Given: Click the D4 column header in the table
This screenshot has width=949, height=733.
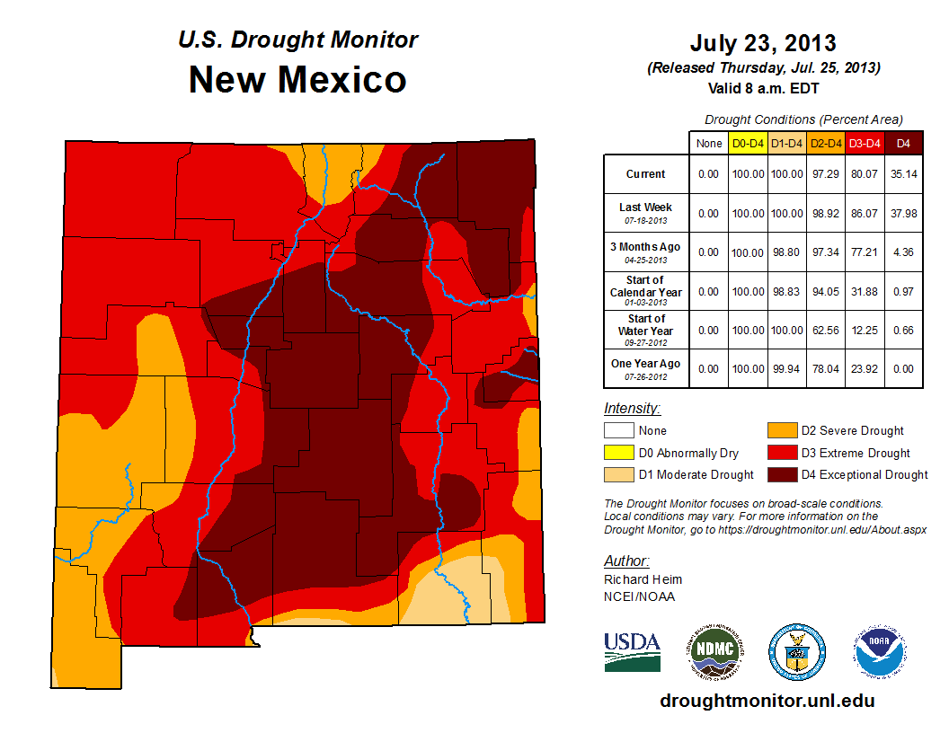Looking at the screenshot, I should pos(902,143).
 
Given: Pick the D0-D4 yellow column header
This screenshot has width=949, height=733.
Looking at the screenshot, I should pos(748,143).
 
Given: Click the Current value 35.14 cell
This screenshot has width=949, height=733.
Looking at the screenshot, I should pos(902,174).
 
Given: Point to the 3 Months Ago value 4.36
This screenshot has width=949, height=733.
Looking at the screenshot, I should pos(902,252).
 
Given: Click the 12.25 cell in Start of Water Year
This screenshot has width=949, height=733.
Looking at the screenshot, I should pos(864,331).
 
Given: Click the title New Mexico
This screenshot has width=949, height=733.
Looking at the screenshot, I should pos(297,80).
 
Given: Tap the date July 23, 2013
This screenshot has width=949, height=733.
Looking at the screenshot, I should pos(763,43).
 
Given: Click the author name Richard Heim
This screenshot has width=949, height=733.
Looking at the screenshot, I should pos(643,579).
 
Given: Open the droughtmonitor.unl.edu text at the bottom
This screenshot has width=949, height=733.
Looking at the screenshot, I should pos(767,701).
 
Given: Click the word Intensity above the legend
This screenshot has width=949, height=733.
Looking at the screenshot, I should pos(632,408).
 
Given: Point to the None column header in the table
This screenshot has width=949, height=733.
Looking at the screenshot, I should pos(709,143).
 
